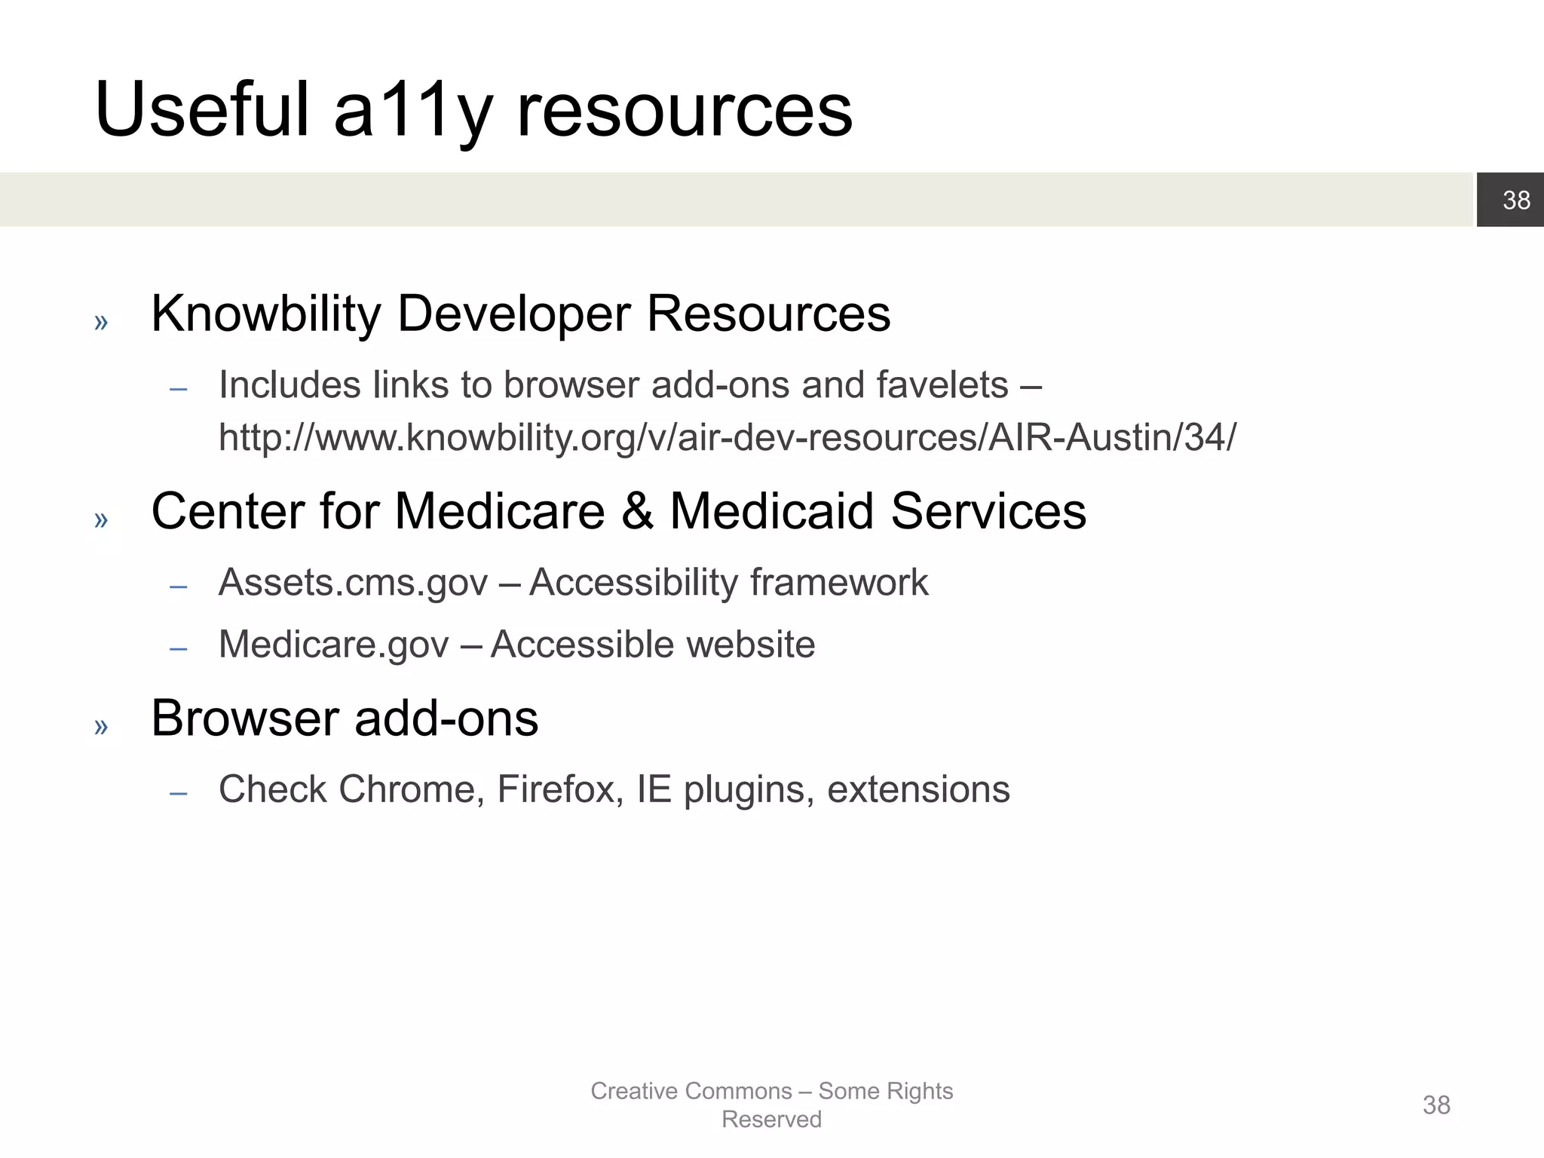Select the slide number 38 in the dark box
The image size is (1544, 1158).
point(1516,200)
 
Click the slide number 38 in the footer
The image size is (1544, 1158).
point(1436,1105)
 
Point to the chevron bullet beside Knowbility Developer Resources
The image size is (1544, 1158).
point(101,323)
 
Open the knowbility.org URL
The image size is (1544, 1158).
point(728,437)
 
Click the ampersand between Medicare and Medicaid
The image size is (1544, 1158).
point(637,511)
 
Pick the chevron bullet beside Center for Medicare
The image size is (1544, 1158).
point(101,519)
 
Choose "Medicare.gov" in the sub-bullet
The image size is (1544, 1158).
point(333,645)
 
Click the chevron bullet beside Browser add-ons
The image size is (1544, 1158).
point(101,727)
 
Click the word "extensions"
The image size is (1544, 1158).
point(918,789)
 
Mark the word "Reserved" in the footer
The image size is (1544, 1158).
point(771,1120)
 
